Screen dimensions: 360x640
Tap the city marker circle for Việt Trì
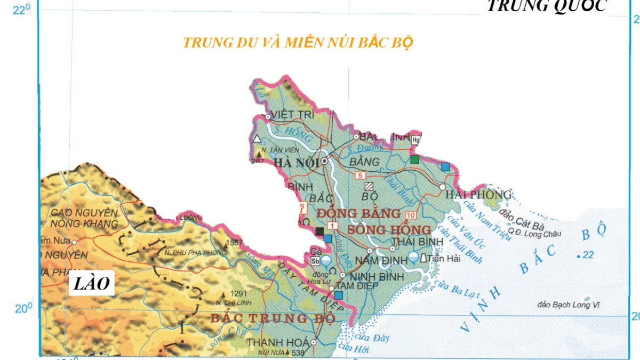[268, 117]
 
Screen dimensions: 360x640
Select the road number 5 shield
[360, 175]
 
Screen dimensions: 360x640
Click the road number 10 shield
[410, 215]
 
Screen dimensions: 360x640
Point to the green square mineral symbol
[414, 159]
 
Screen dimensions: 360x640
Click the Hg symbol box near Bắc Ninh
[416, 140]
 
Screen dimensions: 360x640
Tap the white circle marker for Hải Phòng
[442, 187]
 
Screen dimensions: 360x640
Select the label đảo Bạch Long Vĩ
[564, 305]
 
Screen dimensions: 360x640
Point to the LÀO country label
[91, 284]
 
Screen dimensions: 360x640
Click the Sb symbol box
[315, 260]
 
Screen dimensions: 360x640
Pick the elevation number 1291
[239, 293]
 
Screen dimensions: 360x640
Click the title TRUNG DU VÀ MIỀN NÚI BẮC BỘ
[298, 43]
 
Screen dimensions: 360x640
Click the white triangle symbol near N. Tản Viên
[258, 139]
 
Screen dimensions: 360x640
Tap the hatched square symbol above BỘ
[369, 186]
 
